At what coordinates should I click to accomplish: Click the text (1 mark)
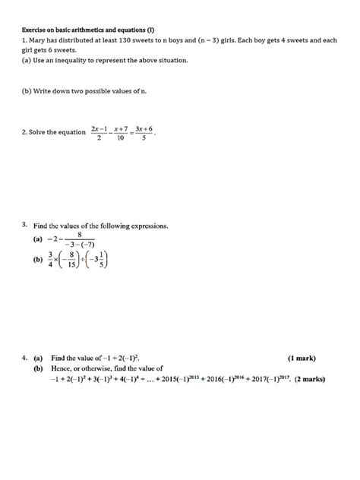(x=302, y=357)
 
